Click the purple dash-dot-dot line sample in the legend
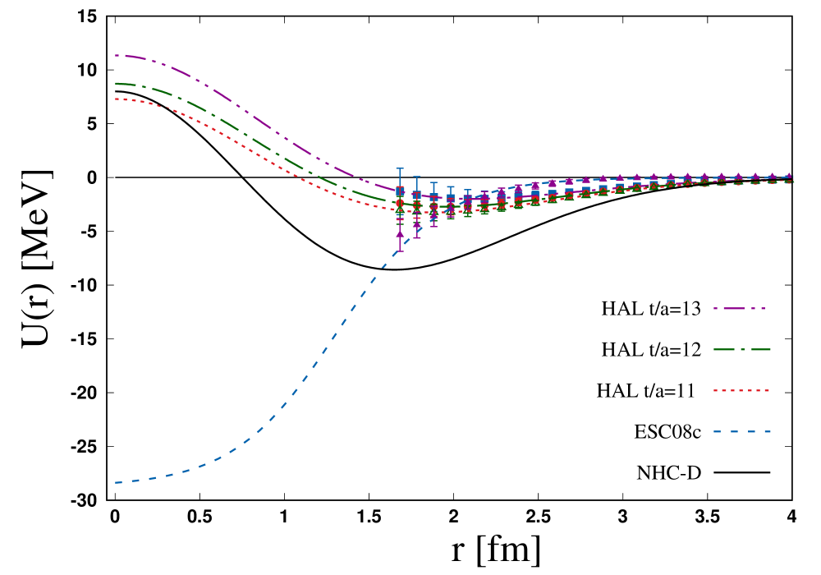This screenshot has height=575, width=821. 740,308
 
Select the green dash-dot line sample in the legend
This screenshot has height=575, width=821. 742,349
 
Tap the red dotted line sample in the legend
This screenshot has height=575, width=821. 742,390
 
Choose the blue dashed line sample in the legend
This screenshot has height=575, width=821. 742,431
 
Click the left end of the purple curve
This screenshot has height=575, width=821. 116,56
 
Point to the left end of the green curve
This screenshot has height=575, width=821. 116,83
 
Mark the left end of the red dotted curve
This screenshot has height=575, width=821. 116,99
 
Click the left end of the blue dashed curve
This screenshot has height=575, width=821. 116,482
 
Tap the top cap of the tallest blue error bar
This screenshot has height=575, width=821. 400,168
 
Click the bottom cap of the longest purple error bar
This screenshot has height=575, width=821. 400,250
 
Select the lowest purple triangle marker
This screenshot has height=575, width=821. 400,233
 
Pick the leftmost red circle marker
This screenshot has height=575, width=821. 400,203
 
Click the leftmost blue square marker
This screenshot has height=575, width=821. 400,191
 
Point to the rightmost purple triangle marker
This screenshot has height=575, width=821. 789,176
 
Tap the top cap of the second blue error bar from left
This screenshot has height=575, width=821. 417,176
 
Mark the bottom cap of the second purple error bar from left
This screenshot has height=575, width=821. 417,237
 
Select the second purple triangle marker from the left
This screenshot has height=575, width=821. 417,223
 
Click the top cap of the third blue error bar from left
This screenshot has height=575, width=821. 433,182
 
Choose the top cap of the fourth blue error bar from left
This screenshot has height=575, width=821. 451,186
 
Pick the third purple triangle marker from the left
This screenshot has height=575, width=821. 433,216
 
